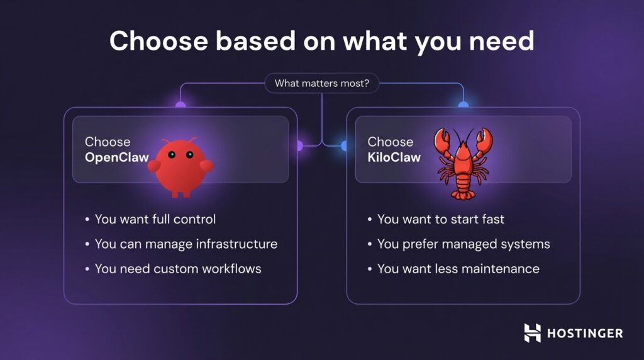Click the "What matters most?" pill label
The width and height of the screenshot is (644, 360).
(321, 83)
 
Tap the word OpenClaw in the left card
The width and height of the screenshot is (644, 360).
(116, 157)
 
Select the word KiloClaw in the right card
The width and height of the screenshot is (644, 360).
(394, 157)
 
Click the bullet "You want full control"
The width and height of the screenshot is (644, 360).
(155, 219)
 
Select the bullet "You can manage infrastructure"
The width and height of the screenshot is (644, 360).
(186, 244)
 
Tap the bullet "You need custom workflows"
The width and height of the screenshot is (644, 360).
(177, 269)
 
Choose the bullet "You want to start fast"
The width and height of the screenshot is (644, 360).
(440, 219)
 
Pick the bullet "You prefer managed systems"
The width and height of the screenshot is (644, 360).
(464, 244)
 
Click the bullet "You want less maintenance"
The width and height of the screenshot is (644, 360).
(458, 269)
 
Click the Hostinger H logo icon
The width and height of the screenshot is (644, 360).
(532, 333)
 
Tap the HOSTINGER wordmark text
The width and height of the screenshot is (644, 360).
(584, 333)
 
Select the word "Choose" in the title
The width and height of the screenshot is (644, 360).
(158, 41)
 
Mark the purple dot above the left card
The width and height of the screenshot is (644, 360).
(180, 105)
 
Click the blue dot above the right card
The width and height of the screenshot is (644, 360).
(464, 105)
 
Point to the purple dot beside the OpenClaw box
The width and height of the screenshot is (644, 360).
(299, 146)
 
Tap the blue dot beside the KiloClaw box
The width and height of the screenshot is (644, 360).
(345, 146)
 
